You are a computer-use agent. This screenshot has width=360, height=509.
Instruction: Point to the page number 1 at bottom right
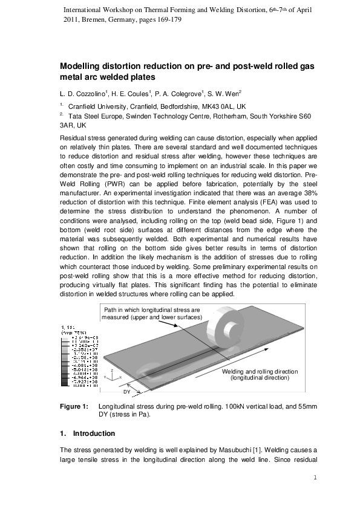point(315,479)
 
